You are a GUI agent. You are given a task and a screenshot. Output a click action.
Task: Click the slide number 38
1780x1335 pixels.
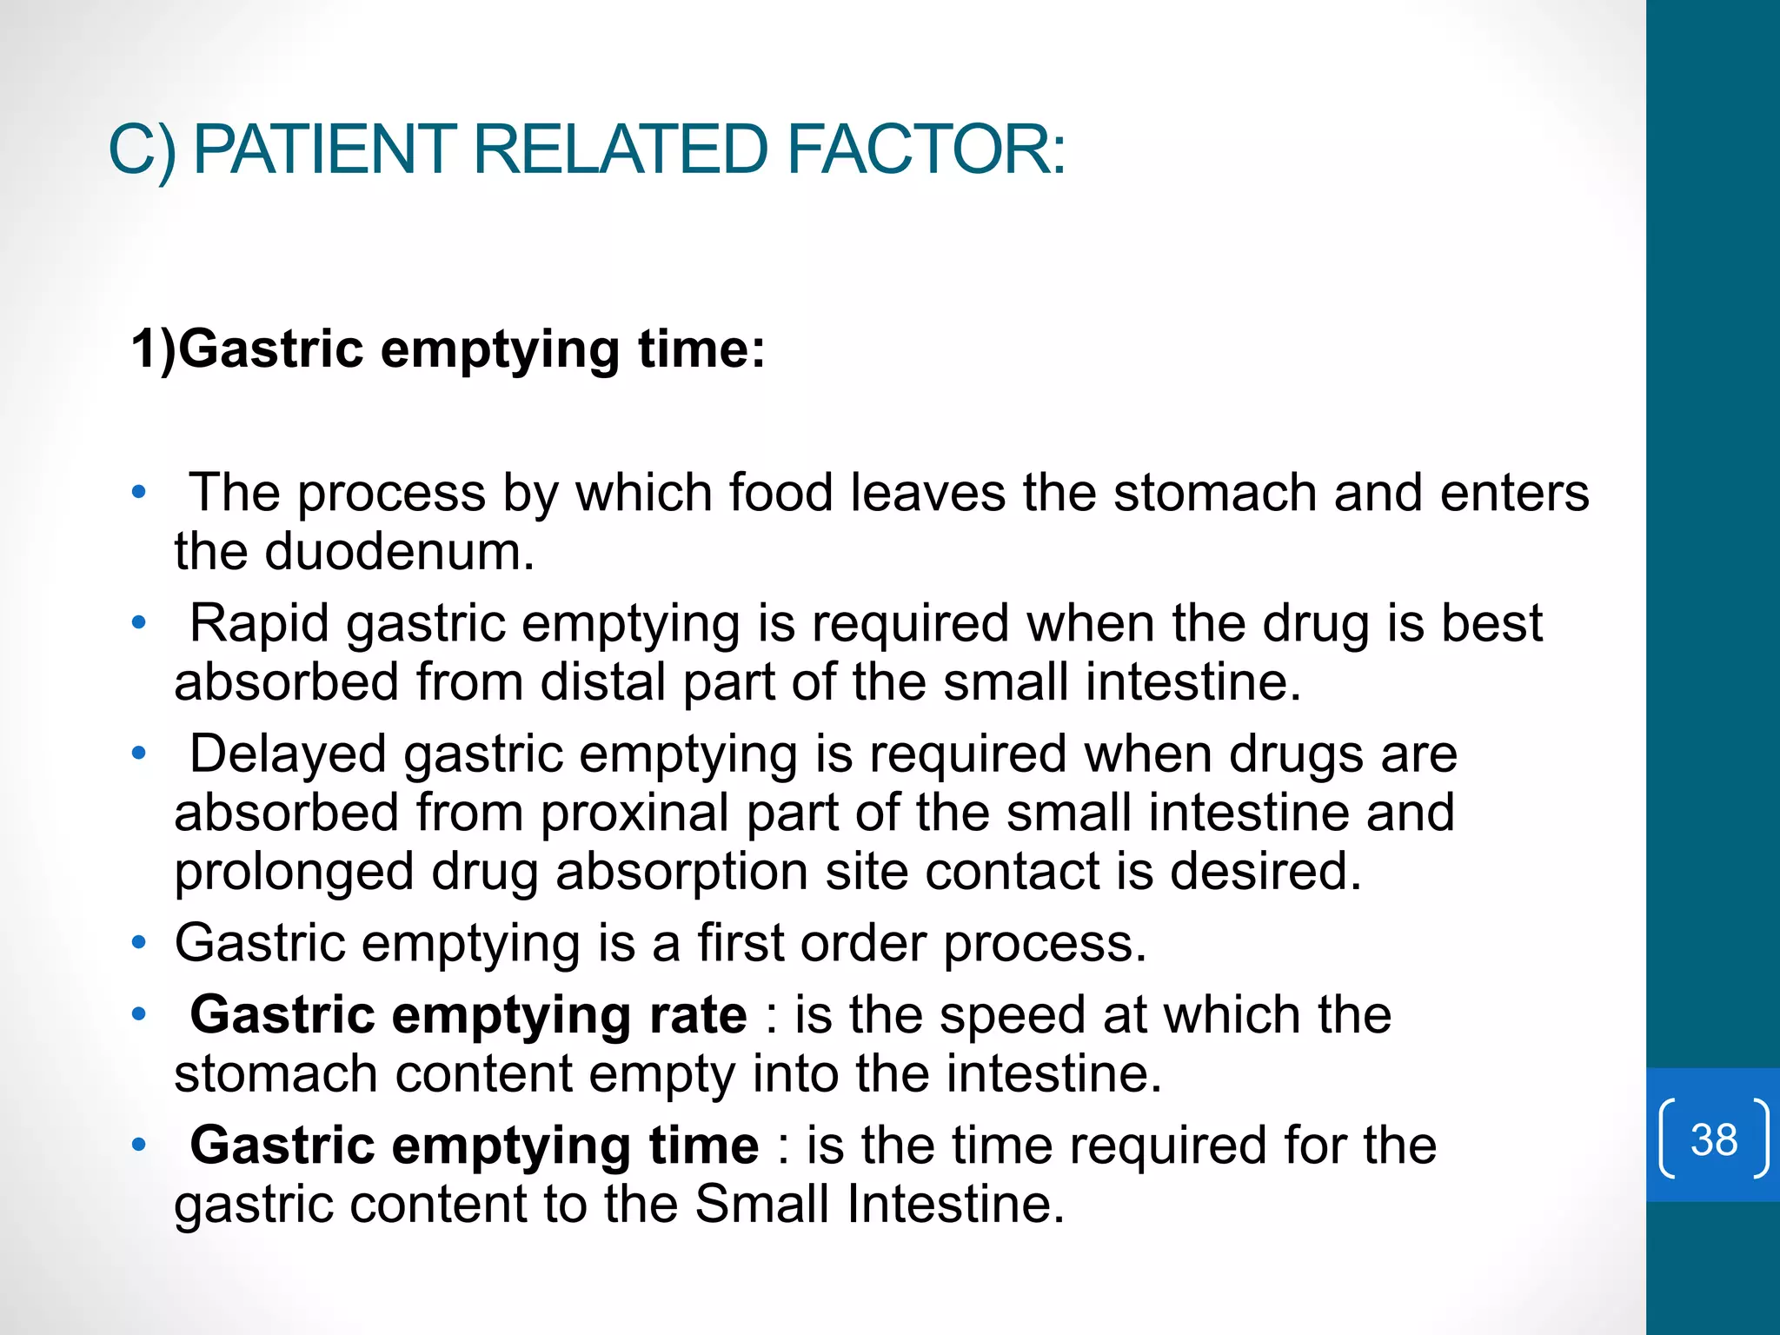(1713, 1139)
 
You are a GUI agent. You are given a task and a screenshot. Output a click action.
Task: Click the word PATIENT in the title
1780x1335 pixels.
(322, 149)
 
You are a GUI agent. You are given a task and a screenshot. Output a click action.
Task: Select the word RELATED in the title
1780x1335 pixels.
(621, 149)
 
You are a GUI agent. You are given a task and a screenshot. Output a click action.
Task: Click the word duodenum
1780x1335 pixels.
(399, 552)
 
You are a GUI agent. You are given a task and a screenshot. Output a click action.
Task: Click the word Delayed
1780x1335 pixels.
(288, 754)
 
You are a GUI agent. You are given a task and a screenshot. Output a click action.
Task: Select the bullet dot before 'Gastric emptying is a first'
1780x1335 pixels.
(138, 943)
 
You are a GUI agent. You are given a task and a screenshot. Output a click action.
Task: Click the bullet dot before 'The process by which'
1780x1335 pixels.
(138, 493)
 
